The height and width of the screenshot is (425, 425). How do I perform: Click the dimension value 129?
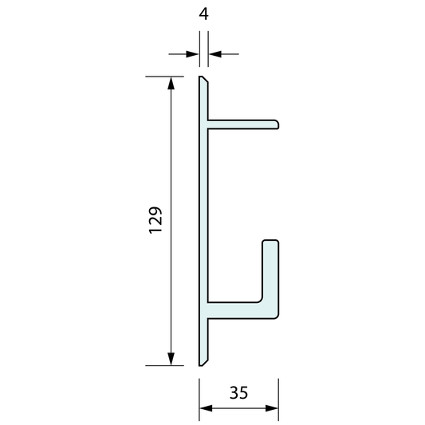tap(156, 220)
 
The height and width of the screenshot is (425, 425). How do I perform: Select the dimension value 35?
tap(238, 392)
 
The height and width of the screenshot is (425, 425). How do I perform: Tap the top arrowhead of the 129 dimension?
tap(170, 82)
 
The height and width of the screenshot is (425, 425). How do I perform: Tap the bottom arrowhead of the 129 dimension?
tap(170, 359)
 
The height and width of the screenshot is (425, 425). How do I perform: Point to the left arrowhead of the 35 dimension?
tap(204, 409)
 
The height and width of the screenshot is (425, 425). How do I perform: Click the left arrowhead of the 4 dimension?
tap(193, 53)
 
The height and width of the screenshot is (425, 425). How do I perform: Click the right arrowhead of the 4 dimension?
tap(214, 53)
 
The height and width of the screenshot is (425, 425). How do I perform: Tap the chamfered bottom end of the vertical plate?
tap(203, 360)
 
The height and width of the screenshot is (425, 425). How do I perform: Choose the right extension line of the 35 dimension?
tap(278, 399)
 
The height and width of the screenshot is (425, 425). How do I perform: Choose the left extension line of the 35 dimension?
tap(199, 399)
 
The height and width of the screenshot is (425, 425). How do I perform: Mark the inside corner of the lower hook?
tap(261, 300)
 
